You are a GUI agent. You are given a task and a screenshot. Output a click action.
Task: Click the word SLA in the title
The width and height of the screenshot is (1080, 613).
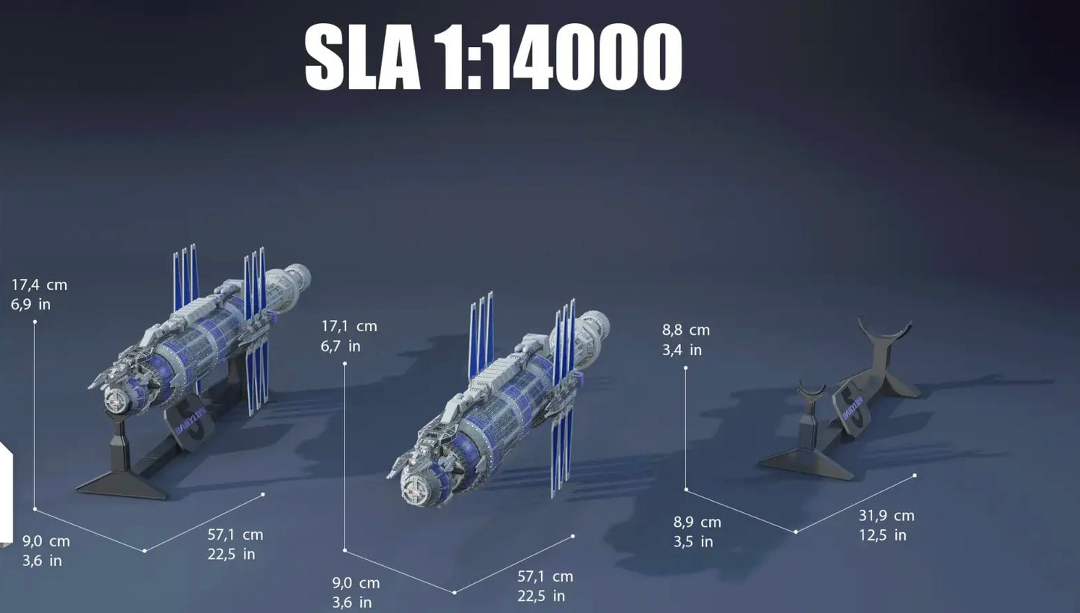[362, 57]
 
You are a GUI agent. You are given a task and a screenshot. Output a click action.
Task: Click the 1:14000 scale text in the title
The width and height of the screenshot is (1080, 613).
[558, 57]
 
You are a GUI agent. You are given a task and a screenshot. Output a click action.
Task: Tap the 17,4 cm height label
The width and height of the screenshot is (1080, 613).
[39, 285]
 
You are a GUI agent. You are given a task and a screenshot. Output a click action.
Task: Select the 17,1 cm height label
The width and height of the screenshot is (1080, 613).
[349, 327]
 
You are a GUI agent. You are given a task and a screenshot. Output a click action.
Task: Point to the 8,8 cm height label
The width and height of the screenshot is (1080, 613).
[685, 330]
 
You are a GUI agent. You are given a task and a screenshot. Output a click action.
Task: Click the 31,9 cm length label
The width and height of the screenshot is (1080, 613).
[886, 516]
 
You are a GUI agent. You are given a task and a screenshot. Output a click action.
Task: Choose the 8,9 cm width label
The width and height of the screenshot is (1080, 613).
[697, 523]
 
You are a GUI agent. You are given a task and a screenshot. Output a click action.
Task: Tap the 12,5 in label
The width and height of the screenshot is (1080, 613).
[883, 535]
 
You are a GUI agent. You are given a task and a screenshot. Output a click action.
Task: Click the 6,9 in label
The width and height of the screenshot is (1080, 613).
[31, 305]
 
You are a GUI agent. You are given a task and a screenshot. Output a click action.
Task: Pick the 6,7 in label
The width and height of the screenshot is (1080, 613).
[340, 346]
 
